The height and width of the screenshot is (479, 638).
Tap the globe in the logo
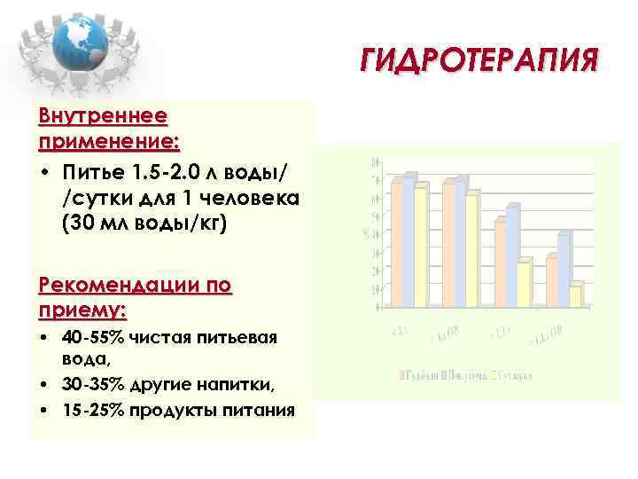point(79,42)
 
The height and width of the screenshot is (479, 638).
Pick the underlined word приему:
point(83,310)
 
